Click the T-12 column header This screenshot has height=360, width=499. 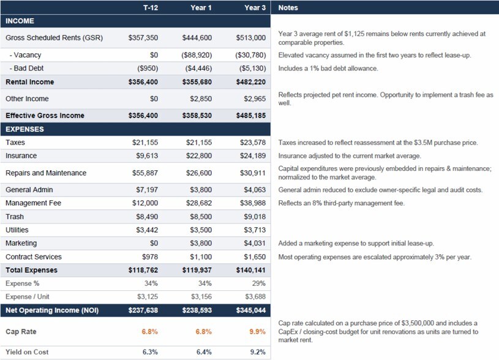pos(151,7)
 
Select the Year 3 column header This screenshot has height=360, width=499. pos(255,7)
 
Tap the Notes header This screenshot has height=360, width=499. pos(288,7)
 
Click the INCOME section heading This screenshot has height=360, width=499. pos(20,21)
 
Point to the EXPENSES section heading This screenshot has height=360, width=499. pos(24,129)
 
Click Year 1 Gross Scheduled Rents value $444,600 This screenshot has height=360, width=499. pos(197,37)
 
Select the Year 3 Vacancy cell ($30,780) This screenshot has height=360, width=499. pos(251,55)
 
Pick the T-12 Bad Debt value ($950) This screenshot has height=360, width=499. pos(148,69)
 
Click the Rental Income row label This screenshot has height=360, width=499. pos(29,82)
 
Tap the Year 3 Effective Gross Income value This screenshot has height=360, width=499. pos(251,116)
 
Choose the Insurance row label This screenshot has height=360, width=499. pos(21,156)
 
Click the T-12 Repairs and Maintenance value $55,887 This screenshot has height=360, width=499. pos(145,173)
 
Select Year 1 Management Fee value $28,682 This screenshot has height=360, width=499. pos(199,203)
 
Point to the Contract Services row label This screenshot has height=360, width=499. pos(34,257)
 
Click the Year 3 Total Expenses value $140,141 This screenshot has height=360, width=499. pos(251,270)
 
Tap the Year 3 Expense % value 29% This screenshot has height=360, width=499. pos(259,283)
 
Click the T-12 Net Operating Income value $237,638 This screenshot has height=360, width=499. pos(143,310)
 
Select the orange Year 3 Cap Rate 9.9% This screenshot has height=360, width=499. pos(257,332)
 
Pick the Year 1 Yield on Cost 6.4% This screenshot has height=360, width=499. pos(204,352)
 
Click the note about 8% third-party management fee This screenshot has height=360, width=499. pos(342,203)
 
